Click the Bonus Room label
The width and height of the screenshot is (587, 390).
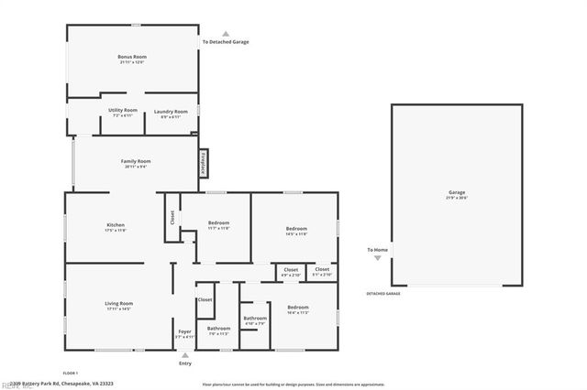(132, 57)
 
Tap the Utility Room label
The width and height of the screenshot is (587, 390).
(123, 111)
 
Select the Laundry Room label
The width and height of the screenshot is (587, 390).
(171, 112)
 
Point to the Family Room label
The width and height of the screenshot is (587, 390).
(136, 161)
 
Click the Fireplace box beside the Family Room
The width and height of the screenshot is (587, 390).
(202, 164)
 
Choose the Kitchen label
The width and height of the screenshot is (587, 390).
(116, 225)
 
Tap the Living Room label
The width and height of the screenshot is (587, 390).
(119, 304)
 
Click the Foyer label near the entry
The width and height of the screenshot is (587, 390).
(184, 331)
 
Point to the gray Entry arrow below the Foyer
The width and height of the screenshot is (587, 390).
(185, 354)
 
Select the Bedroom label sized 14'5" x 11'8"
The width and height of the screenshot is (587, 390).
(295, 229)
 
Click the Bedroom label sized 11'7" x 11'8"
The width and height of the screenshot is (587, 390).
(218, 223)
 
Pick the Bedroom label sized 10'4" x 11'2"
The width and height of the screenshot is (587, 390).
(297, 308)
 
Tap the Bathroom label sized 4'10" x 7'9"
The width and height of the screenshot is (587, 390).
(255, 319)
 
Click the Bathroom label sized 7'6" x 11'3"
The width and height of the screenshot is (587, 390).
(218, 329)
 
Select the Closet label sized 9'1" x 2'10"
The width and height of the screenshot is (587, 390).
(322, 270)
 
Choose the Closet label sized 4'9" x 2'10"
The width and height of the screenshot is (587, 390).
(290, 270)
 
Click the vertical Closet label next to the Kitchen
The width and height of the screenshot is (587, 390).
(172, 218)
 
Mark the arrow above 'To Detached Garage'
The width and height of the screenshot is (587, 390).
(226, 34)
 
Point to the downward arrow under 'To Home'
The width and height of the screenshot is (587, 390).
(377, 259)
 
